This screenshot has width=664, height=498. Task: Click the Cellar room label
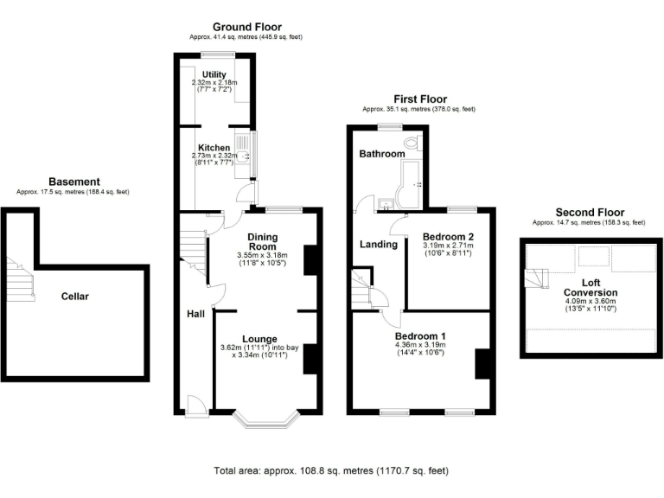pyautogui.click(x=75, y=297)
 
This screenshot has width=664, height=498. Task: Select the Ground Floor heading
pyautogui.click(x=246, y=28)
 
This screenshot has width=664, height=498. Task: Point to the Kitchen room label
pyautogui.click(x=214, y=148)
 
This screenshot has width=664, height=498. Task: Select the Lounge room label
pyautogui.click(x=259, y=338)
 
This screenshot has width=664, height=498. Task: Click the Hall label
pyautogui.click(x=195, y=314)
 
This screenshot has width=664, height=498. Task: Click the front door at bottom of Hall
pyautogui.click(x=195, y=405)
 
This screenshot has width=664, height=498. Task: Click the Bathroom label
pyautogui.click(x=382, y=154)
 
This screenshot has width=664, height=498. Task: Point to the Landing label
pyautogui.click(x=378, y=245)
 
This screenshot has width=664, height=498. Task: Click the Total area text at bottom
pyautogui.click(x=331, y=471)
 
